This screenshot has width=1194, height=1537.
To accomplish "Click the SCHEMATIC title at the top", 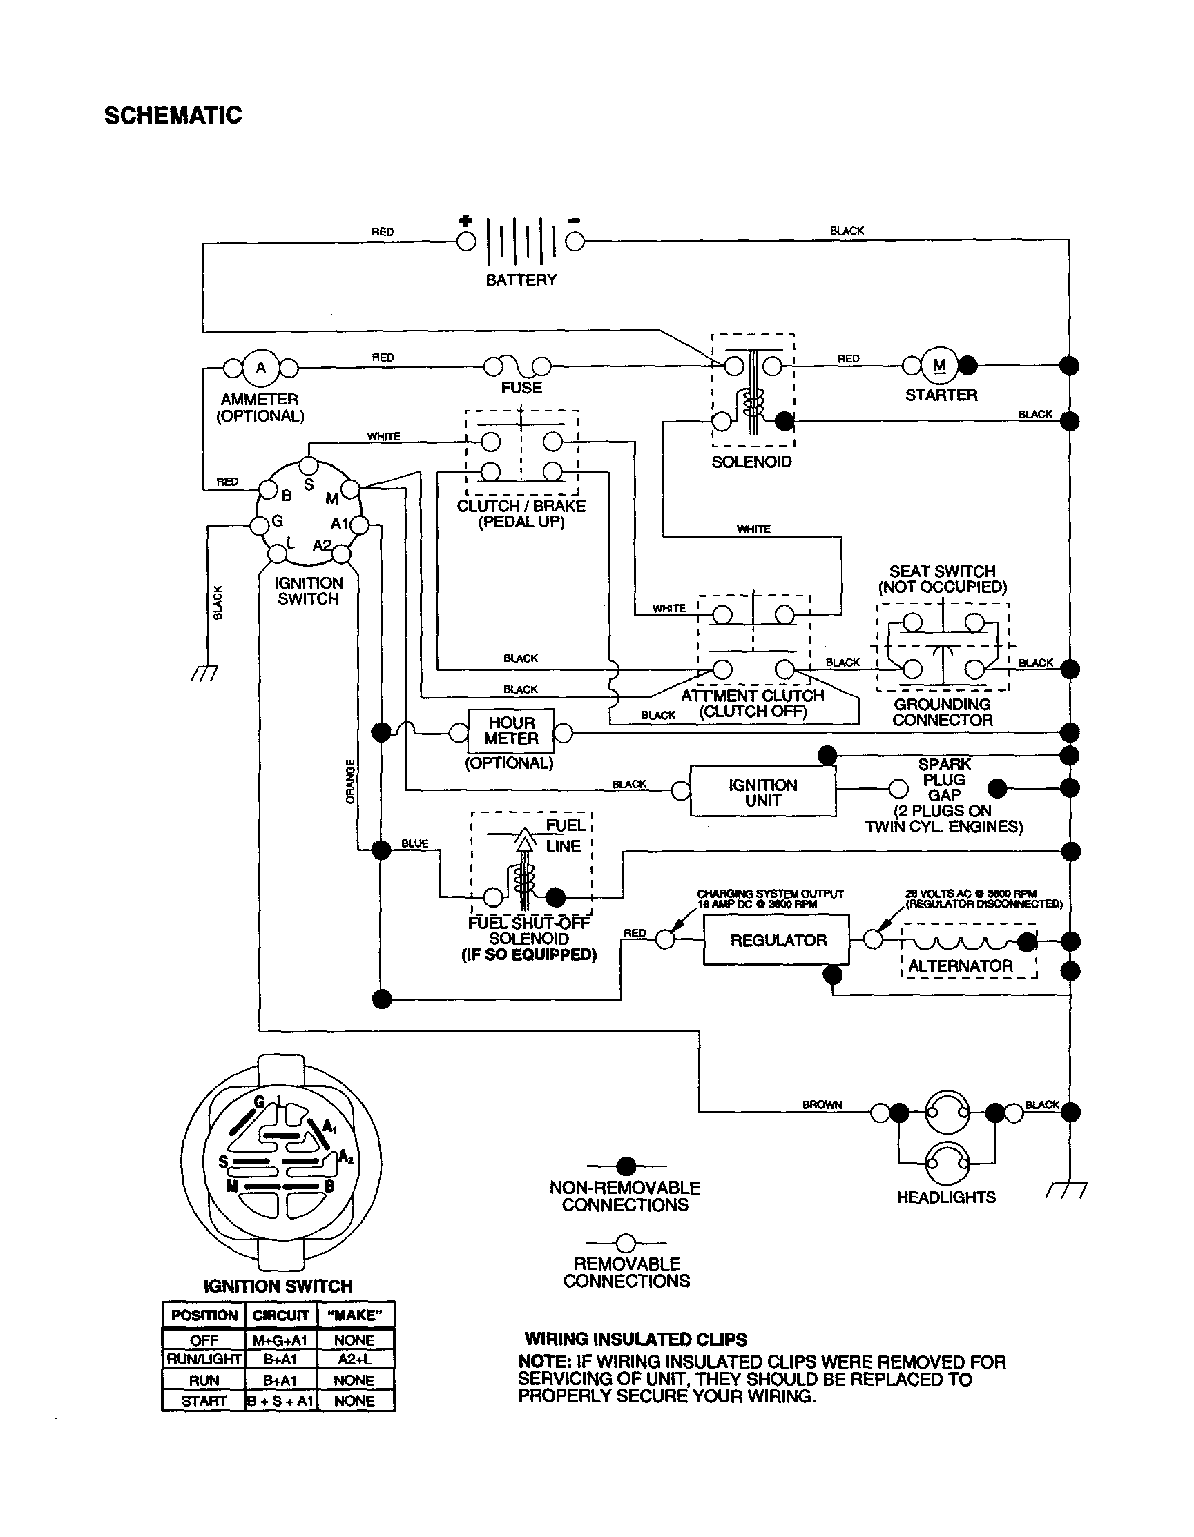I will coord(173,115).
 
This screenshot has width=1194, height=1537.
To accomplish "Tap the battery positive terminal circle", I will coord(465,242).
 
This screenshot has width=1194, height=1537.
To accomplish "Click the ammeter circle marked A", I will coord(260,367).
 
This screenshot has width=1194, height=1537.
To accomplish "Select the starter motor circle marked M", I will coord(939,365).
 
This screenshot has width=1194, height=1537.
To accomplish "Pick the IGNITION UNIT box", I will coord(762,792).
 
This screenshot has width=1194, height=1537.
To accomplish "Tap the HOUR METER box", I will coord(511,731).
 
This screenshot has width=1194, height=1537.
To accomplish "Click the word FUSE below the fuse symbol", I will coord(521,388).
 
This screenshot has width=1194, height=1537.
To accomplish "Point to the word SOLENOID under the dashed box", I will coord(751,462).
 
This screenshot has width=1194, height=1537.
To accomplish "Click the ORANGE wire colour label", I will coord(350,781).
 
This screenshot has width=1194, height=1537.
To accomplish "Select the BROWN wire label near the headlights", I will coord(822,1105).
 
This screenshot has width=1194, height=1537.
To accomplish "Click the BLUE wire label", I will coord(414,843).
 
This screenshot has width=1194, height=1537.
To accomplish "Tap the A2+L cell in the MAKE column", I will coord(354,1360).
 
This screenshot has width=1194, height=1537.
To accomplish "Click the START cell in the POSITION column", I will coord(204,1400).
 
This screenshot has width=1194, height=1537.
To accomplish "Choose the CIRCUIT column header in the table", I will coord(280,1315).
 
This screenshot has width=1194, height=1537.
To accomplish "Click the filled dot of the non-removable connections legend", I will coord(625,1166).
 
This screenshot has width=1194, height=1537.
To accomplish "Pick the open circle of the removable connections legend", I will coord(625,1244).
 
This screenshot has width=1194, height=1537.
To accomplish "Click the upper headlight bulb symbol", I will coord(946,1112).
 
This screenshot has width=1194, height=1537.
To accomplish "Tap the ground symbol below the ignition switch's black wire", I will coord(205,673).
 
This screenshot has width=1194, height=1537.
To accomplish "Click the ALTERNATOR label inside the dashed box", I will coord(960,966).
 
